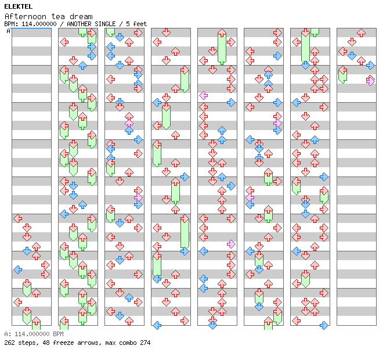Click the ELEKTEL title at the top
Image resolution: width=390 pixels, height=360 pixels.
click(x=18, y=6)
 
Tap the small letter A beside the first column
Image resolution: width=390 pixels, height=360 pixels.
click(x=8, y=31)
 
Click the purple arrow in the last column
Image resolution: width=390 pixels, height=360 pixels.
click(x=370, y=81)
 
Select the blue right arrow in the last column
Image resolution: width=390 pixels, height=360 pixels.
click(x=370, y=65)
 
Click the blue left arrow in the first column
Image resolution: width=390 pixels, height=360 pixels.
click(x=18, y=269)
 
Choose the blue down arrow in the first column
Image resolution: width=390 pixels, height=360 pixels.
click(x=27, y=251)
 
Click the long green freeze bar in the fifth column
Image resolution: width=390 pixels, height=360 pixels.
click(x=222, y=48)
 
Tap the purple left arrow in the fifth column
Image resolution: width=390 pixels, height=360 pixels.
click(x=204, y=95)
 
